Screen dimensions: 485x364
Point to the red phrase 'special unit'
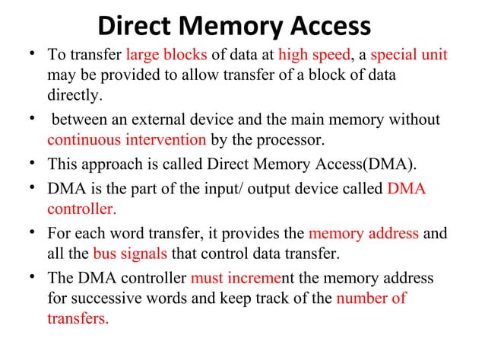point(409,56)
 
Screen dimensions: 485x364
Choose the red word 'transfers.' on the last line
point(78,319)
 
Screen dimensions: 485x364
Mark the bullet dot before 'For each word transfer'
point(29,234)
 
